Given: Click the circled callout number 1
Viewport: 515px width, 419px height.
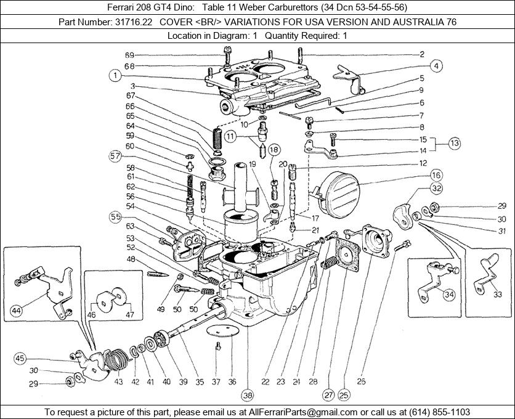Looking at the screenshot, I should [x=115, y=76].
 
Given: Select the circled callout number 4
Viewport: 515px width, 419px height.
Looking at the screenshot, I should [x=436, y=65].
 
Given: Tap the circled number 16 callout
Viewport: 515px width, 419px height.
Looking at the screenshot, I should [x=436, y=174].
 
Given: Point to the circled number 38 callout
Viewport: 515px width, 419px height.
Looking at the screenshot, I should [x=248, y=395].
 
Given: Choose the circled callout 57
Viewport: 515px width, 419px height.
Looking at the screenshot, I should [x=115, y=157].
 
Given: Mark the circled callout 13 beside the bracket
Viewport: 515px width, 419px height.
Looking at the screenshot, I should [x=454, y=144].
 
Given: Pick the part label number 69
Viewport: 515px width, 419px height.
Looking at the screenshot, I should [x=129, y=55].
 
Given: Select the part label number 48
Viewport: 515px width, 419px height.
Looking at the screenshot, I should [x=131, y=259].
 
